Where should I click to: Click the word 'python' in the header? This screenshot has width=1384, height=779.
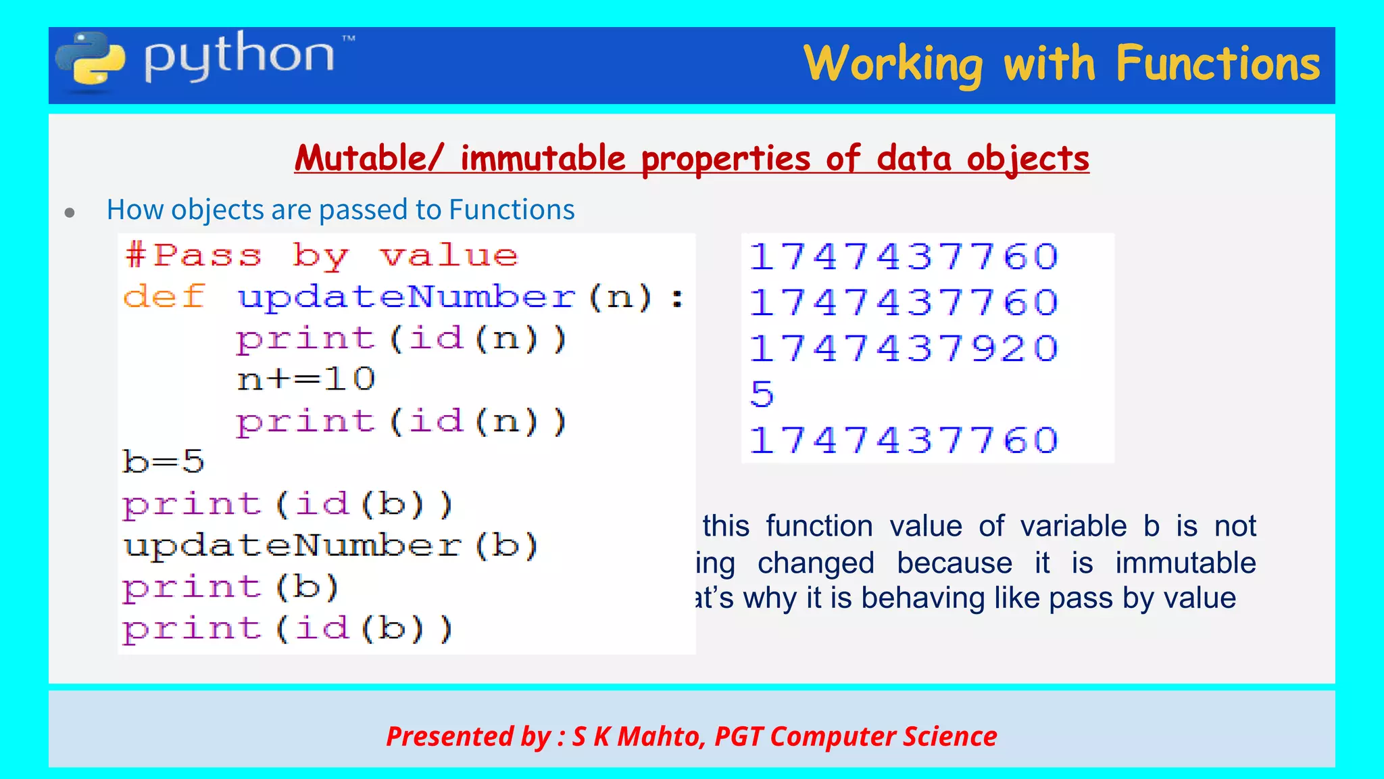(x=239, y=57)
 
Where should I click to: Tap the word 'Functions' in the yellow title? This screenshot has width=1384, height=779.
(x=1217, y=64)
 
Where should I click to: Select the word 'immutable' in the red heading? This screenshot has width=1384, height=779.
(x=543, y=159)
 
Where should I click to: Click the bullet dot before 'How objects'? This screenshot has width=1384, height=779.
(x=70, y=213)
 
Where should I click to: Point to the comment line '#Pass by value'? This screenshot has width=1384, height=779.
(x=322, y=256)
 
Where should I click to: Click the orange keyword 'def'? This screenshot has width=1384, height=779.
(x=164, y=297)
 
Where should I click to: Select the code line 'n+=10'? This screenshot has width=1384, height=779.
(x=306, y=379)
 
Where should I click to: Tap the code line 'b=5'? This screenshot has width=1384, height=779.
(x=163, y=462)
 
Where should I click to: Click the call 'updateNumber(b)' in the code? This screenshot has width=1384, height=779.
(x=330, y=545)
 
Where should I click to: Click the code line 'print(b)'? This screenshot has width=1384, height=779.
(x=230, y=587)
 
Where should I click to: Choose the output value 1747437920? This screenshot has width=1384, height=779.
(x=904, y=349)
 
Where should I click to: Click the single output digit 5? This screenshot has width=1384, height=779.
(x=762, y=394)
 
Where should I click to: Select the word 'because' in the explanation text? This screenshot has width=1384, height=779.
(x=954, y=563)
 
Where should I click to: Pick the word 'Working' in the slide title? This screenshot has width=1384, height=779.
(x=893, y=64)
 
